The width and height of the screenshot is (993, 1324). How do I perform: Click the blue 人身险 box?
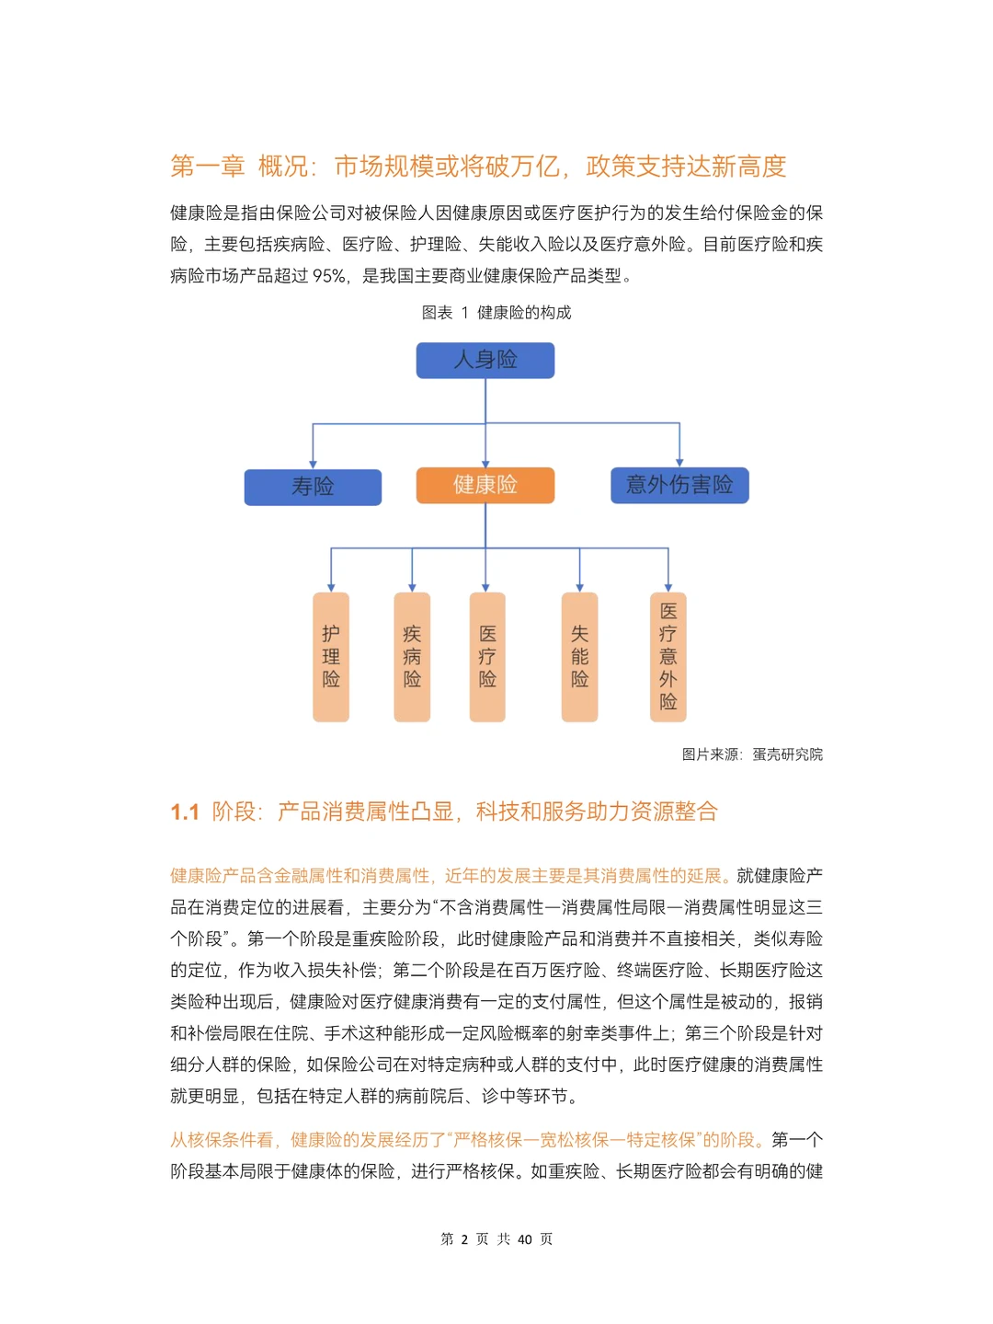(x=485, y=360)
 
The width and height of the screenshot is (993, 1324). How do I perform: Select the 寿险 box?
(x=313, y=487)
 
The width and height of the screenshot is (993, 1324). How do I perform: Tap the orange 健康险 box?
(x=485, y=485)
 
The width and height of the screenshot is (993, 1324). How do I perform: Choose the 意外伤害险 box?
(x=679, y=485)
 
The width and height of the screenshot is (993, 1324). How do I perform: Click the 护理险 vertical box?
(x=331, y=657)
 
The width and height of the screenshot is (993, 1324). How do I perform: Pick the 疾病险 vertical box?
(x=412, y=657)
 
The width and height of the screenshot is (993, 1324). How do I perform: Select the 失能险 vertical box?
(x=579, y=657)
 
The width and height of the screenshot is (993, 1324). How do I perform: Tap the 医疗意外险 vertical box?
(x=668, y=657)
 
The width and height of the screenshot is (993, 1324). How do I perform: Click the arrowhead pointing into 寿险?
(x=313, y=464)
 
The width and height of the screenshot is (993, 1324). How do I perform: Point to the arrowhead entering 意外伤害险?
(x=679, y=462)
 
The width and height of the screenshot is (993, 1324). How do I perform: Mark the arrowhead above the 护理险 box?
(x=331, y=587)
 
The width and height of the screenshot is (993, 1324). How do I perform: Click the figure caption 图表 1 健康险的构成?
(x=496, y=313)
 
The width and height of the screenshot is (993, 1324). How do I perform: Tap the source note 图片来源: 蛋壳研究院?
(x=752, y=754)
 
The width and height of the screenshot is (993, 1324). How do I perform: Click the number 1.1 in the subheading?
(x=185, y=812)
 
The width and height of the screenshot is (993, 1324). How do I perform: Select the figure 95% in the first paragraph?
(x=329, y=276)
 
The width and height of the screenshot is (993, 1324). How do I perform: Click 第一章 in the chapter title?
(x=207, y=167)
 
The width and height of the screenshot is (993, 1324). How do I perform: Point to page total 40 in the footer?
(x=524, y=1239)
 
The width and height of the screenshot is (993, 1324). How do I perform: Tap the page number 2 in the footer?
(x=464, y=1239)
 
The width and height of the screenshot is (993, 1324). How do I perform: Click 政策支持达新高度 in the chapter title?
(x=686, y=167)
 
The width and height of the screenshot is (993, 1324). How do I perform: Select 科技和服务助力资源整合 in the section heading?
(x=597, y=812)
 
